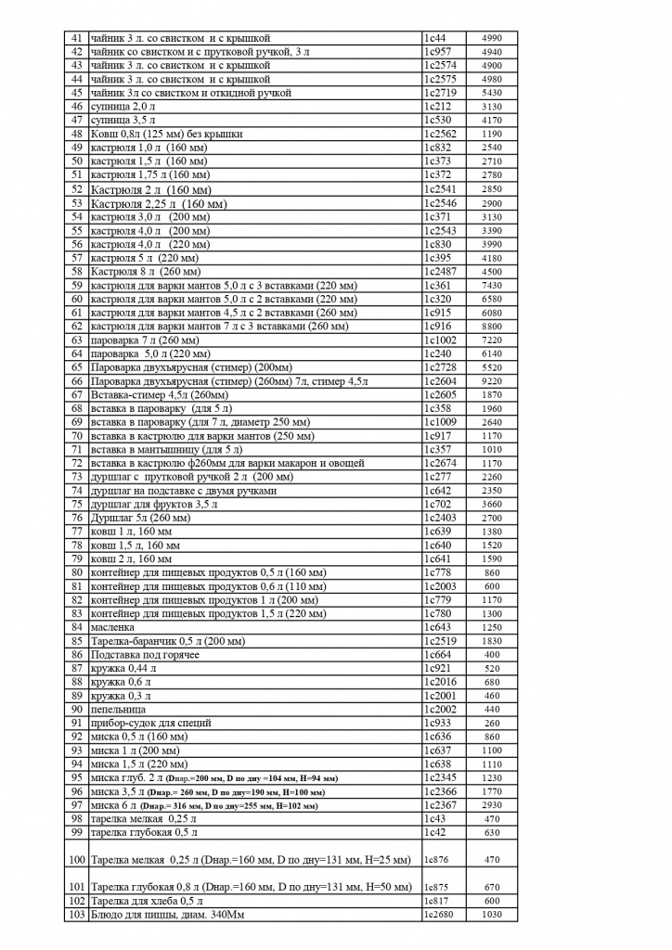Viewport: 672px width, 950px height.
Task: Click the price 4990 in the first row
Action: [492, 38]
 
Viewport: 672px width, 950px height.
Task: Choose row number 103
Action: [76, 915]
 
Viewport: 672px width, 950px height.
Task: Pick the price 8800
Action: [492, 327]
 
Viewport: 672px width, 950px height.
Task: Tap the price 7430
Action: [492, 286]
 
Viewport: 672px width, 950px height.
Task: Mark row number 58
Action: [77, 272]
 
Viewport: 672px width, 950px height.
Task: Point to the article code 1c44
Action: [434, 38]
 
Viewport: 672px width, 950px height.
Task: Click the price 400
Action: [492, 655]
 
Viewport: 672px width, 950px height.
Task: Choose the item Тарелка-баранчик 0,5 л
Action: [167, 641]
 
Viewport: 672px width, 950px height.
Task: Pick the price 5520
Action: [492, 367]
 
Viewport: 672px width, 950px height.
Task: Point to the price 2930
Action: [492, 805]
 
